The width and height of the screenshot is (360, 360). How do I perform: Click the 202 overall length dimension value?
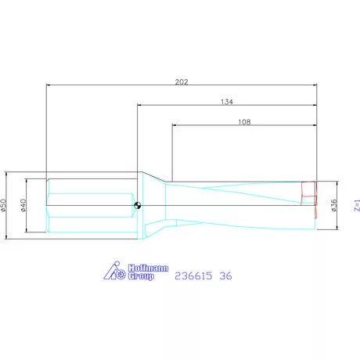point(182,82)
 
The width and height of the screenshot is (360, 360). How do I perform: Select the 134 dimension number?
point(227,102)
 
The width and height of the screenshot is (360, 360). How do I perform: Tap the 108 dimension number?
point(244,122)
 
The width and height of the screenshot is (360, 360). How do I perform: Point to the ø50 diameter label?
point(3,205)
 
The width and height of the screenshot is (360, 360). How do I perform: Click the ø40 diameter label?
point(23,205)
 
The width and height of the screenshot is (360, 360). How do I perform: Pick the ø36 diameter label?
point(334,205)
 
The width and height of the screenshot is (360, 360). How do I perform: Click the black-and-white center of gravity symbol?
point(137,205)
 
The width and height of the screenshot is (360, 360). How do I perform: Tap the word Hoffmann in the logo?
point(148,268)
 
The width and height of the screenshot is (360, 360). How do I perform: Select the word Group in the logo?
point(141,276)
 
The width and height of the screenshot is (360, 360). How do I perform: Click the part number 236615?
point(193,275)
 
